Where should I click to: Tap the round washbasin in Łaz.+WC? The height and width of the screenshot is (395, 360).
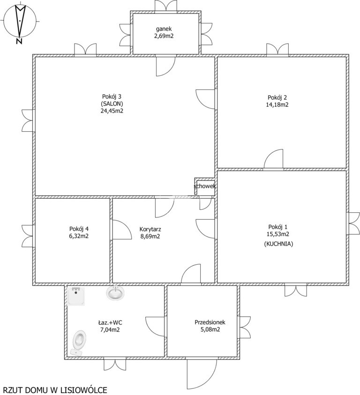click(x=115, y=293)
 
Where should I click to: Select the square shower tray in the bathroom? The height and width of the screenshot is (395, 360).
click(x=76, y=296)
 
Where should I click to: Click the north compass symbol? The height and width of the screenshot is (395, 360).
click(x=20, y=21)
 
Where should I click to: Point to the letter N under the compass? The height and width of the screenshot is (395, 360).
click(x=19, y=42)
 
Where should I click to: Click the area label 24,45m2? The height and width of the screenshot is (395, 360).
click(x=112, y=111)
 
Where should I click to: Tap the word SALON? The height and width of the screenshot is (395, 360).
click(x=112, y=104)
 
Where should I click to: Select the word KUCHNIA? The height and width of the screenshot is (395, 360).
click(x=278, y=244)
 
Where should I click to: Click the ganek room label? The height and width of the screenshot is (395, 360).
click(x=164, y=29)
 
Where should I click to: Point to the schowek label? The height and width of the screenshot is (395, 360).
click(x=205, y=186)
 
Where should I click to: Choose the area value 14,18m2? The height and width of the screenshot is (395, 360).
click(x=277, y=104)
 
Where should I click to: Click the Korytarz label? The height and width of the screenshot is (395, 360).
click(x=150, y=229)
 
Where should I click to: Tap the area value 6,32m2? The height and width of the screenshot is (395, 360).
click(x=79, y=236)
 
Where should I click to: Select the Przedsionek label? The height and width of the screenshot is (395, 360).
click(x=210, y=322)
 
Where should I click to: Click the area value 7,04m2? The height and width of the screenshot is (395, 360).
click(x=110, y=329)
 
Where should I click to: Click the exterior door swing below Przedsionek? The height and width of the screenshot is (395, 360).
click(x=202, y=374)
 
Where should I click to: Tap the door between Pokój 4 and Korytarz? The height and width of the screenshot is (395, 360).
click(x=122, y=230)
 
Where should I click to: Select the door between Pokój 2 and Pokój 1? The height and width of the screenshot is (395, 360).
click(x=274, y=159)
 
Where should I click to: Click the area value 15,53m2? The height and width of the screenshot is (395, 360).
click(x=278, y=234)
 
